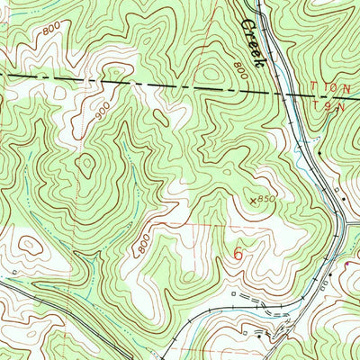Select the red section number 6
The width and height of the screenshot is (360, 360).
238,254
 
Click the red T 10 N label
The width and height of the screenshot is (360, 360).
328,87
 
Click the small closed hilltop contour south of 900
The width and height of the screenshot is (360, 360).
87,165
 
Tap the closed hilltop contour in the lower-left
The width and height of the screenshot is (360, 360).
28,244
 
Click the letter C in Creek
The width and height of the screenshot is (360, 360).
245,20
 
